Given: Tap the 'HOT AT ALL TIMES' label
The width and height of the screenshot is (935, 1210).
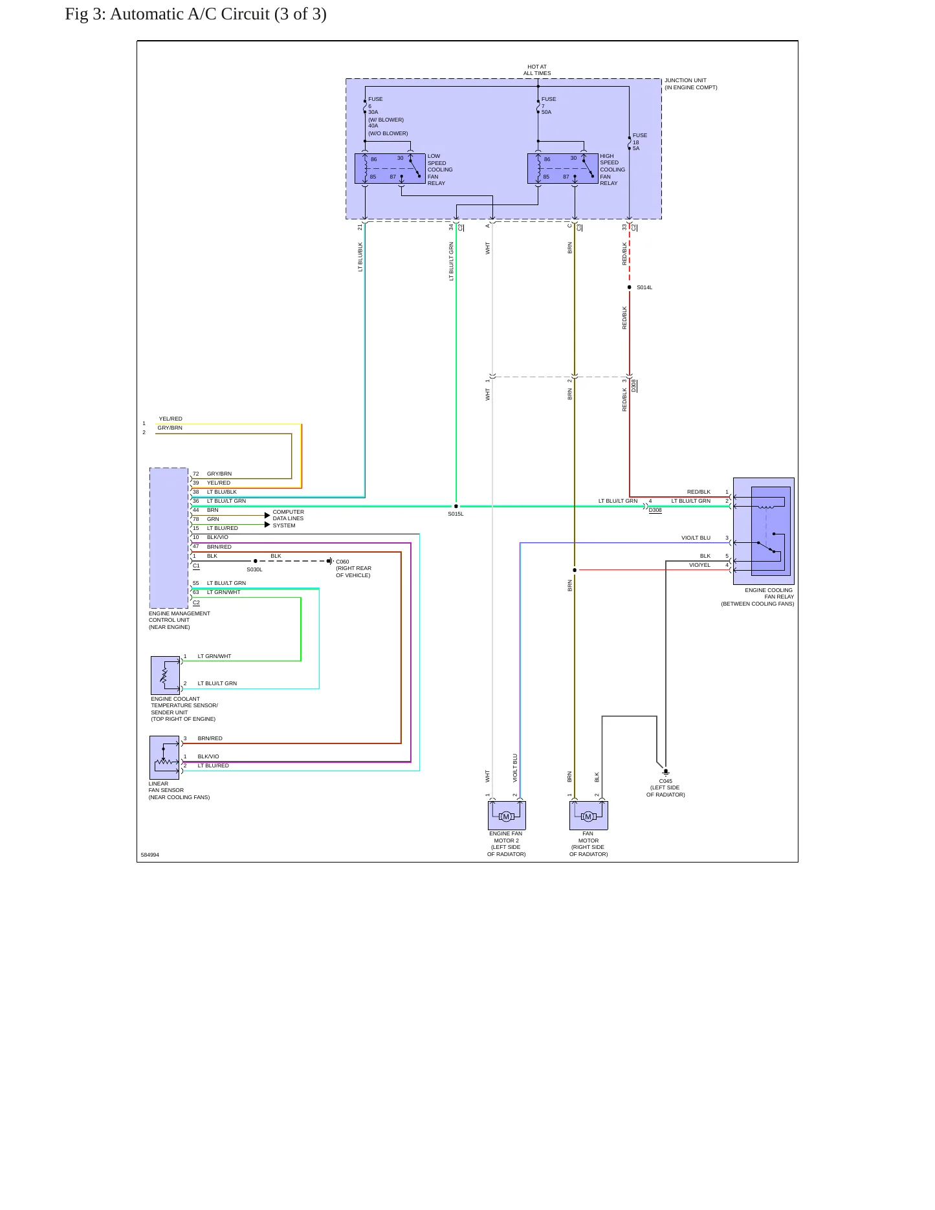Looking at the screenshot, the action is coord(537,70).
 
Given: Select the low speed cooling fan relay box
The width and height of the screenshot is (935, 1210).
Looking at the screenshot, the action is coord(390,168).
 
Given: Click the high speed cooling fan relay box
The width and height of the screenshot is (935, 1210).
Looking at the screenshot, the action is coord(562,168).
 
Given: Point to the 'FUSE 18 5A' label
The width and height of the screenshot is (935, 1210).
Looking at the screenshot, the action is coord(639,142).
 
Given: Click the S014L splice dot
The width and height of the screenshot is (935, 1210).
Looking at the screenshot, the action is coord(630,287).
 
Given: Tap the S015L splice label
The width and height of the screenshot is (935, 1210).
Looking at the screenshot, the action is coord(456,514).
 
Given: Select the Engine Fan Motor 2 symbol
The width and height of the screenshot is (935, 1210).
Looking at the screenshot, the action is coord(507,815).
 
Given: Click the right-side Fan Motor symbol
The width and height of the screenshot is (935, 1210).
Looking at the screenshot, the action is coord(588,815).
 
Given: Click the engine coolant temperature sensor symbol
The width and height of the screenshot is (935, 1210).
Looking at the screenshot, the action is coord(166,676).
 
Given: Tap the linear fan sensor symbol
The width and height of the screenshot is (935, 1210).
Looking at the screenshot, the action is coord(164,758).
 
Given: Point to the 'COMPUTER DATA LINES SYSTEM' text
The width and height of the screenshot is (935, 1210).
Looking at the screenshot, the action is coord(288,518).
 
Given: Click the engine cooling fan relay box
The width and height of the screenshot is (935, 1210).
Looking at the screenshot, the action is coord(764,531).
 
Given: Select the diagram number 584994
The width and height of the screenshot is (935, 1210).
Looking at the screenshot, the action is coord(150,855).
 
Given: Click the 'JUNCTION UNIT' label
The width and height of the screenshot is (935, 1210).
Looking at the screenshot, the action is coord(685,80).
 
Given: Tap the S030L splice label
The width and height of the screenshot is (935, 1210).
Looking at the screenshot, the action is coord(254,569).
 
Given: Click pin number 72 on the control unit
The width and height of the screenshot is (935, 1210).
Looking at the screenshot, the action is coord(196,474).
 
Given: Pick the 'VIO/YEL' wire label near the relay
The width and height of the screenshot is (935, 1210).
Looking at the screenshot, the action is coord(699,565).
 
